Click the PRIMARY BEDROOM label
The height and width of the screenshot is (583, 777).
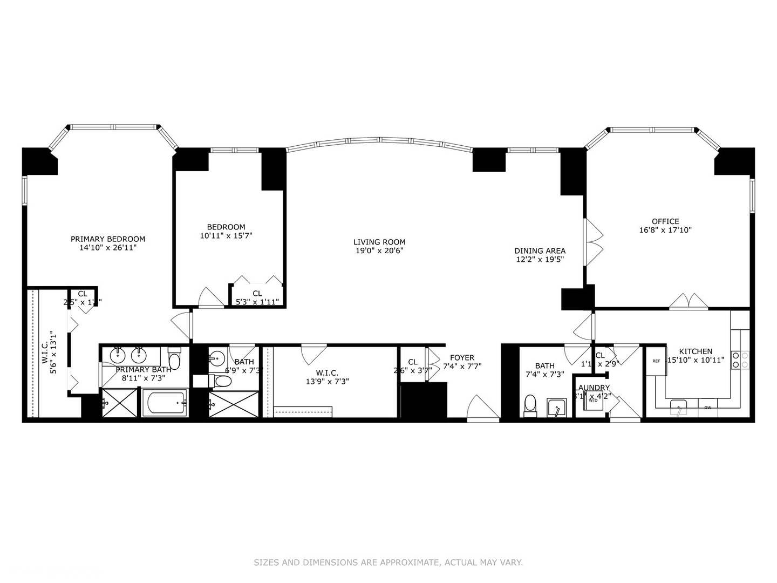coord(108,239)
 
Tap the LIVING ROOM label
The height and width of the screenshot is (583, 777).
coord(379,242)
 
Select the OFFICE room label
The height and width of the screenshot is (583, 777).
coord(665,221)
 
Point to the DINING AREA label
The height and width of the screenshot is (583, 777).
coord(540,251)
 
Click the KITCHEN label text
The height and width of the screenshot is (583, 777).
coord(696,351)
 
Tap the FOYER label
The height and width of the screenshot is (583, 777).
coord(462,358)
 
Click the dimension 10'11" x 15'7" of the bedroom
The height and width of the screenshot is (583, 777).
coord(226,236)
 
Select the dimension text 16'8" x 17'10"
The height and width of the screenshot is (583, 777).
coord(665,230)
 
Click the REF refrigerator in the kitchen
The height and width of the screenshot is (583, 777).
coord(656,361)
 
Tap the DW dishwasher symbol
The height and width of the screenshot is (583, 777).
coord(707,408)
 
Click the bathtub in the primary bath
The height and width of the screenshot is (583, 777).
coord(165,403)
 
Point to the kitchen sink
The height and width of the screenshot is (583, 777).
coord(678,407)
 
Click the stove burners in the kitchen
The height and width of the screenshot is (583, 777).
coord(740,360)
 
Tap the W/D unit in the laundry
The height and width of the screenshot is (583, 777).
coord(593,401)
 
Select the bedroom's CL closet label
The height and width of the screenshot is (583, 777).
coord(257,294)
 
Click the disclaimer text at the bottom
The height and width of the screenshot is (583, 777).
coord(388,562)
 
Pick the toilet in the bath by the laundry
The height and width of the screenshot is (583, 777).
coord(530,405)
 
